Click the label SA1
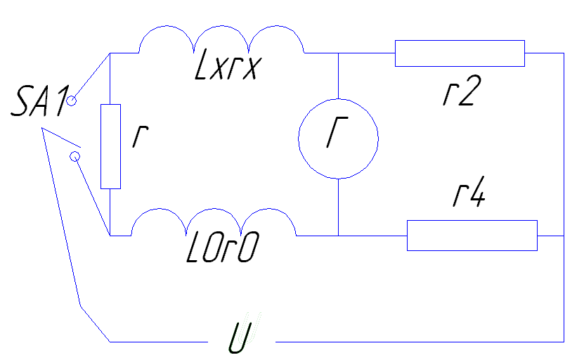coord(40,101)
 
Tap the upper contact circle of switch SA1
coord(72,101)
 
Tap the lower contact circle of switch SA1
coord(75,157)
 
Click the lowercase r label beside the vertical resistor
coord(141,136)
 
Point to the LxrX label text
coord(228,65)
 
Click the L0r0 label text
coord(222,247)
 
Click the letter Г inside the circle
coord(337,132)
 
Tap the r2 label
coord(462,91)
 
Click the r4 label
coord(469,191)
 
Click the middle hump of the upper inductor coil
coord(221,26)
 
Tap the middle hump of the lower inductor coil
coord(214,209)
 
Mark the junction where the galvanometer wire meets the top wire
coord(338,53)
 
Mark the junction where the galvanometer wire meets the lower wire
coord(338,236)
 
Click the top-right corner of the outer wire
coord(564,53)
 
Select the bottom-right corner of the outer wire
coord(564,341)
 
